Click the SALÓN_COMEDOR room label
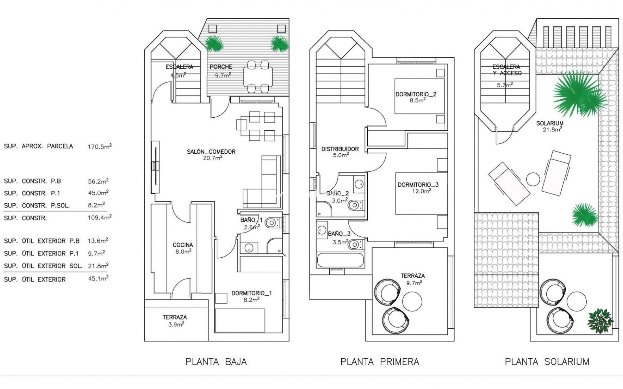pos(211,151)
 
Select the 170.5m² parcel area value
pos(99,147)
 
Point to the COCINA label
pos(183,245)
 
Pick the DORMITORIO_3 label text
pos(418,185)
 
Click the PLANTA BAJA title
pos(216,362)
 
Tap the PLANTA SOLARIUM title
pos(547,362)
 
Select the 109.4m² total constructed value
pos(99,218)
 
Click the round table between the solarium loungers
pos(533,179)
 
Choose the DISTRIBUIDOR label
pos(340,149)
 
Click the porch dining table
pos(258,77)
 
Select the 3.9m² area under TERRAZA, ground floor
pos(176,324)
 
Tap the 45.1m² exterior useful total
pos(98,279)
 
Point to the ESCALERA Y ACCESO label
pos(506,70)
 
